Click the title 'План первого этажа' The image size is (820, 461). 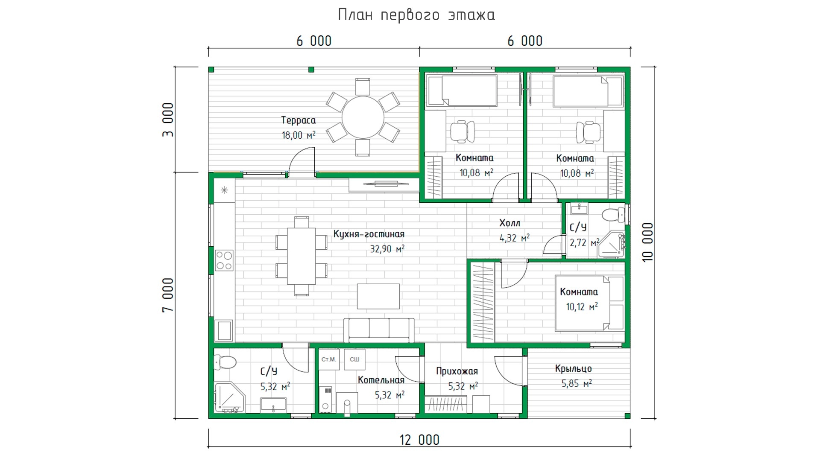coord(416,15)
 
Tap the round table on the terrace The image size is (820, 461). coord(363,117)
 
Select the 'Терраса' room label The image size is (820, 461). coord(299,120)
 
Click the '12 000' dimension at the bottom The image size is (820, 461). coord(419,440)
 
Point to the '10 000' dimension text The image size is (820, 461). coord(648,242)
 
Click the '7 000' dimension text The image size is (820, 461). coord(168,295)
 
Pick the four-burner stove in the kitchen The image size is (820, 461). coord(224,260)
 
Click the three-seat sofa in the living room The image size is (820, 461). coord(379,330)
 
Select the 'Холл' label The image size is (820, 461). coord(510,223)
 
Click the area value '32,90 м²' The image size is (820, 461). coord(387,249)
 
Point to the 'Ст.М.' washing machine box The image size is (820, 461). coord(329,359)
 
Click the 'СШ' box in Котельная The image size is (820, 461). coord(354,359)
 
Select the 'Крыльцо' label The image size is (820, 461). coord(574,369)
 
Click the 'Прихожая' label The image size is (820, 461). coord(457,371)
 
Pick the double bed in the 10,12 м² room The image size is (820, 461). coord(589,303)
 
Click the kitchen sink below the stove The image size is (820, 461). coord(224,330)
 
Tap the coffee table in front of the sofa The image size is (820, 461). coord(378,296)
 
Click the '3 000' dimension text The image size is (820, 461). coord(168,120)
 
